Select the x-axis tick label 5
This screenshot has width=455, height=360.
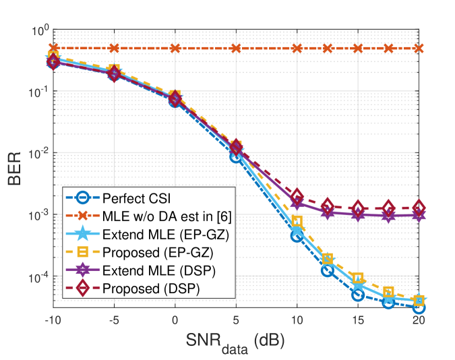tap(236, 320)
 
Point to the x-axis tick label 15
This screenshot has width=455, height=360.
tap(358, 320)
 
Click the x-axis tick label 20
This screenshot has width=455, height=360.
tap(419, 320)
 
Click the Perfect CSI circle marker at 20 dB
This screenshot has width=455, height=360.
tap(419, 307)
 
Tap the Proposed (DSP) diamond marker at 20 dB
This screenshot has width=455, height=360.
tap(419, 208)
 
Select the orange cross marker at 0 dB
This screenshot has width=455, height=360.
tap(175, 49)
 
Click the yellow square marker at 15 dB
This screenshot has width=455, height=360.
tap(358, 278)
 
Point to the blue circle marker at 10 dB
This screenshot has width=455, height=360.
tap(297, 235)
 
